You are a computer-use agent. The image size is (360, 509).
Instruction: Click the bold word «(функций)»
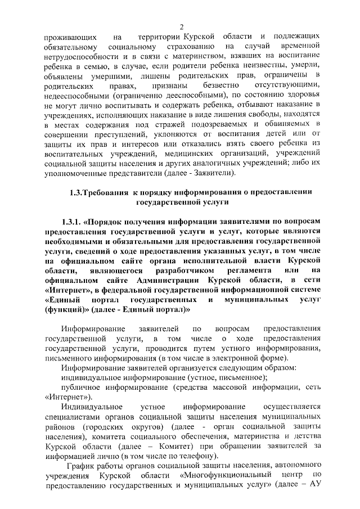pyautogui.click(x=66, y=309)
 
